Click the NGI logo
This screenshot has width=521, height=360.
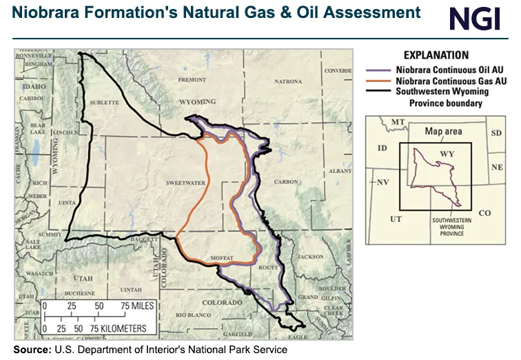[474, 18]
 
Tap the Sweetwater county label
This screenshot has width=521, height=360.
[181, 183]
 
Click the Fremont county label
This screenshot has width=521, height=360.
[192, 80]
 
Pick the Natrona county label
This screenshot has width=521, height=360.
[287, 81]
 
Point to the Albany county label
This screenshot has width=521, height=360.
[339, 170]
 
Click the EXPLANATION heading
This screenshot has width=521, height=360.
[436, 55]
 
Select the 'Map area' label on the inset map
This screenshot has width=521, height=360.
[443, 131]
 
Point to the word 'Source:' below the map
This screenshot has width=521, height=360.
[32, 350]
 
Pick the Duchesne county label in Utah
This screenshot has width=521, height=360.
[81, 292]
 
